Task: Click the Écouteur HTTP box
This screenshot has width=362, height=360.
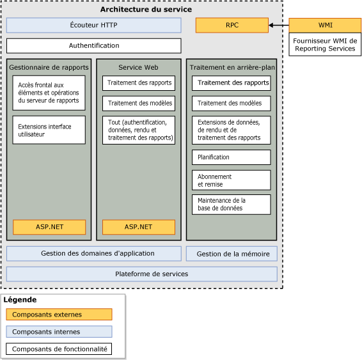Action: point(93,26)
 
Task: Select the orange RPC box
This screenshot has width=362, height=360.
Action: point(232,26)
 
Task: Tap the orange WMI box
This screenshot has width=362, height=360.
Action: point(324,26)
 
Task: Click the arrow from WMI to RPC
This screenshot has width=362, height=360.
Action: point(278,26)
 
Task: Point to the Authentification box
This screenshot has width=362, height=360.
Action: point(93,46)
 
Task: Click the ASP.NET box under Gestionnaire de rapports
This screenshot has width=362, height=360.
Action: point(49,227)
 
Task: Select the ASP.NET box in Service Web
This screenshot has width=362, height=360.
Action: point(138,227)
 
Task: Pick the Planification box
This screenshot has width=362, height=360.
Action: point(231,157)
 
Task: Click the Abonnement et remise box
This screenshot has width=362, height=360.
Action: point(231,180)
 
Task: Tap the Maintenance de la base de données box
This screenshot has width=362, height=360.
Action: point(231,205)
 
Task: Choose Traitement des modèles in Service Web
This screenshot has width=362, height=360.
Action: point(138,104)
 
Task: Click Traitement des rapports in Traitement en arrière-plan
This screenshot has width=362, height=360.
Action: point(231,83)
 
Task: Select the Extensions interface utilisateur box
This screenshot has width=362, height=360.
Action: point(49,130)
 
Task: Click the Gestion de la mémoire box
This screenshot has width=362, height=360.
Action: point(232,254)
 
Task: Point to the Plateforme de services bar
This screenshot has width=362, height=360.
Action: point(141,274)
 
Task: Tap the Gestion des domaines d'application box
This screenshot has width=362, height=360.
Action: point(93,254)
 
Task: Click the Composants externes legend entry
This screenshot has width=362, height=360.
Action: point(59,315)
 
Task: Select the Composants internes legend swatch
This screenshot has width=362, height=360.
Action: point(59,332)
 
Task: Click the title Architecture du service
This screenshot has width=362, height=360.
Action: point(146,10)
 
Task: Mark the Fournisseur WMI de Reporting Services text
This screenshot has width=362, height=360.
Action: point(324,45)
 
